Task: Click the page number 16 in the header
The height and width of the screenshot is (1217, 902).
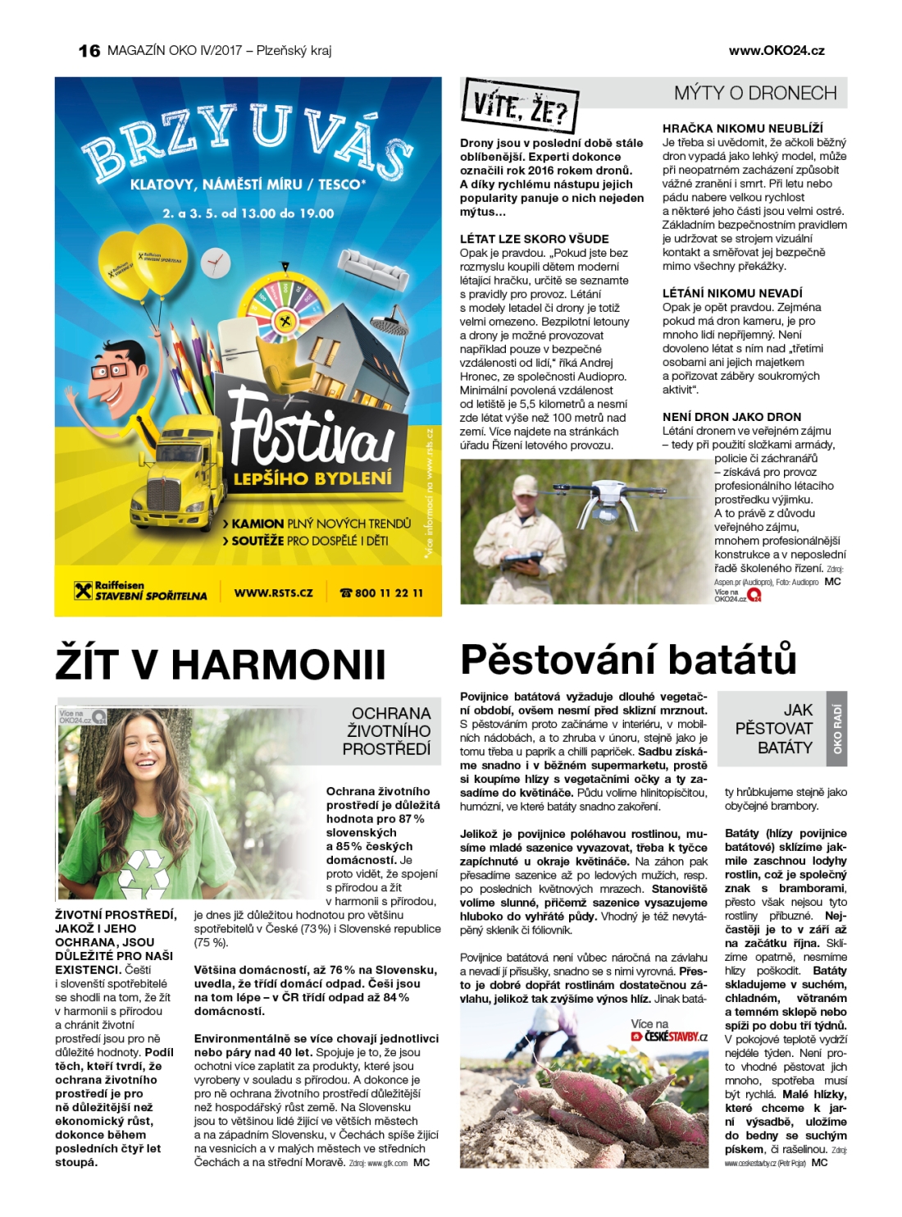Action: (89, 51)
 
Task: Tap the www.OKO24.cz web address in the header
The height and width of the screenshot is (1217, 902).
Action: (776, 50)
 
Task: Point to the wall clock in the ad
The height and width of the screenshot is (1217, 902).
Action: (214, 262)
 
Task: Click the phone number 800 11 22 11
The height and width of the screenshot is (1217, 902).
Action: (382, 592)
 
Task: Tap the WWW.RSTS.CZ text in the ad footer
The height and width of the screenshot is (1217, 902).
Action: (273, 592)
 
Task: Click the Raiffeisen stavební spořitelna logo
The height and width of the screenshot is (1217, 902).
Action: (140, 591)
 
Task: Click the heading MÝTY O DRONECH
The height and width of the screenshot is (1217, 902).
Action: (754, 93)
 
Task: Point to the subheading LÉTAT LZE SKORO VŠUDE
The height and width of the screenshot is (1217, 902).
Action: (534, 239)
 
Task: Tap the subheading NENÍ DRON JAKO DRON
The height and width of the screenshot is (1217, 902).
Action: (731, 417)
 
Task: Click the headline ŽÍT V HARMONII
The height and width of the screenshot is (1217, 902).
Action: (220, 664)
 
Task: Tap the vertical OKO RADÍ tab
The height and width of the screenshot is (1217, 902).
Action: (837, 729)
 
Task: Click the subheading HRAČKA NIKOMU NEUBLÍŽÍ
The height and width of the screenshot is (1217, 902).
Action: (742, 129)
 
